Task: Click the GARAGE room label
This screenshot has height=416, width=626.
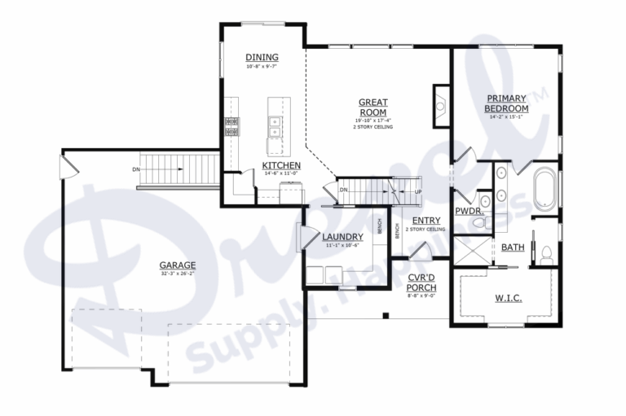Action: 177,265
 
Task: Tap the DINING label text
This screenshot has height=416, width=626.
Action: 262,57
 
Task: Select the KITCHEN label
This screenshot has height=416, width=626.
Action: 282,165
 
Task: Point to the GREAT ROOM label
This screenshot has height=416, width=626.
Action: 373,107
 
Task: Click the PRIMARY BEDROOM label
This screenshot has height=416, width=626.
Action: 506,103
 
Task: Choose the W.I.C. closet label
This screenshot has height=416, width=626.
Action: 509,298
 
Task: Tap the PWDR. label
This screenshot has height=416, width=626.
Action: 469,211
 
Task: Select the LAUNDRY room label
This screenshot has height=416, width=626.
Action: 342,237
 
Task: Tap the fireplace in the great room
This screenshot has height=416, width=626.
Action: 440,104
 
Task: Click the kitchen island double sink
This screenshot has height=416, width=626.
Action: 275,126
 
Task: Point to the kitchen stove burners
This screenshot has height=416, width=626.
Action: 231,126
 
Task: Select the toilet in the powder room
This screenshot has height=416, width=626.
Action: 483,202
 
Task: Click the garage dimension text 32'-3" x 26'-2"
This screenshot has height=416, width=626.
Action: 177,274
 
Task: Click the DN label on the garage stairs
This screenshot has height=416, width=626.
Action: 136,169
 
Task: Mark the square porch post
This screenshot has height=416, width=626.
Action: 385,315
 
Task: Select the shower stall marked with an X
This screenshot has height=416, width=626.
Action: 471,251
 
